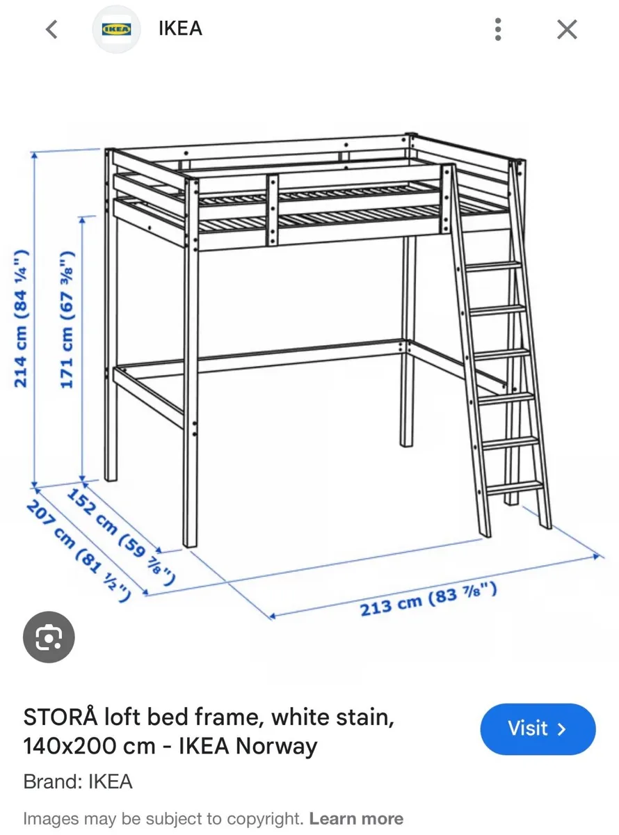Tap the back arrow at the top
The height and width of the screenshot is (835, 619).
pos(51,29)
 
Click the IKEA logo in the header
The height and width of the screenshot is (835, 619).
pos(116,29)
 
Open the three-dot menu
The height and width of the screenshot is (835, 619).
pos(498,29)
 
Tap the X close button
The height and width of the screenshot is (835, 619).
pos(568,29)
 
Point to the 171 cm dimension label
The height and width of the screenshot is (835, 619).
pos(67,319)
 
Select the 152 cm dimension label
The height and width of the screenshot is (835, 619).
pos(120,536)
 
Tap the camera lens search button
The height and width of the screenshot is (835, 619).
pos(49,637)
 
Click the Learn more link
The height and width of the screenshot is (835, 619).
pos(356,818)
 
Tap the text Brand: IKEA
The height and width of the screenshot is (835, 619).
pos(78,781)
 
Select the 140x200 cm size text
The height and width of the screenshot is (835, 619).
pos(89,747)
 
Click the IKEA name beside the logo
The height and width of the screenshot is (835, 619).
pos(180,29)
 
